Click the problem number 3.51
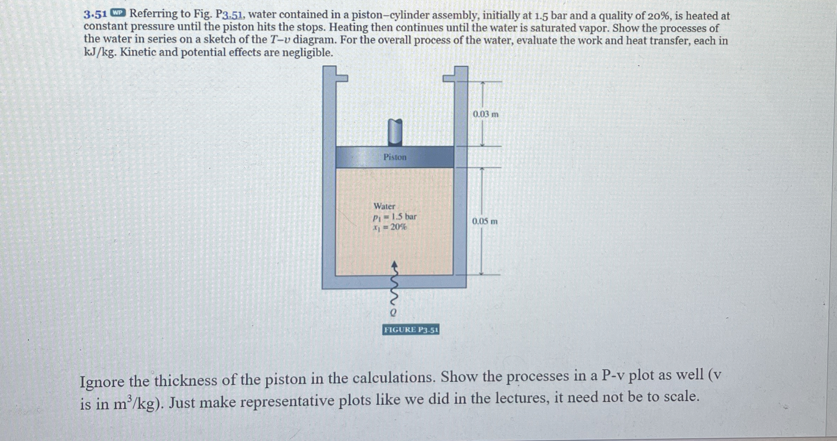(95, 14)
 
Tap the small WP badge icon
(118, 13)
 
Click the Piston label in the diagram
(395, 157)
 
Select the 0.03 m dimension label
(486, 114)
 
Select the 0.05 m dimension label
(485, 222)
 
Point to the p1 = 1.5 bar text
(395, 217)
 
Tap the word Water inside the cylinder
(384, 206)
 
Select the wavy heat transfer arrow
(395, 286)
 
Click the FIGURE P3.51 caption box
(411, 330)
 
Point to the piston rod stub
(395, 132)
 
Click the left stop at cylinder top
(341, 78)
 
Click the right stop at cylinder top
(449, 78)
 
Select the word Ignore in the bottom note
(102, 382)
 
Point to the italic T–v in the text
(280, 40)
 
